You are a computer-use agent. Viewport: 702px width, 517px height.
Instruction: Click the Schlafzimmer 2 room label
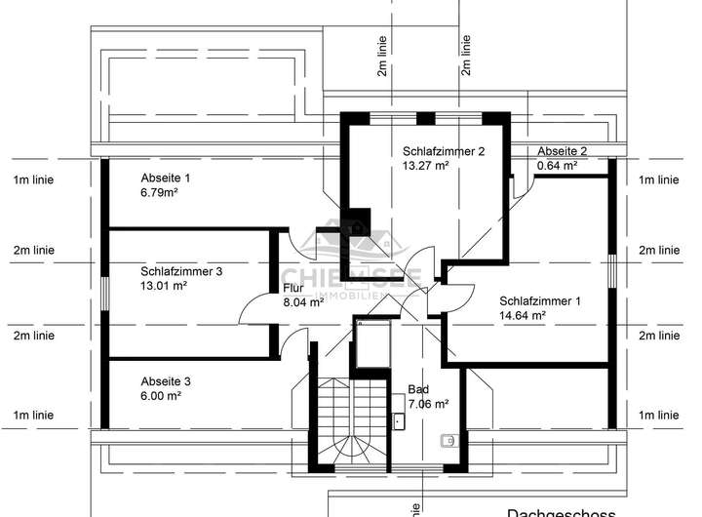[444, 151]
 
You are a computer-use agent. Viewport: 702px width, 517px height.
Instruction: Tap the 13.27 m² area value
[425, 166]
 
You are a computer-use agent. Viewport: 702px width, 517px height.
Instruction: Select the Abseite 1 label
[166, 178]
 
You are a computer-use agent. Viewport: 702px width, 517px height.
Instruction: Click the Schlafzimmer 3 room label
[181, 271]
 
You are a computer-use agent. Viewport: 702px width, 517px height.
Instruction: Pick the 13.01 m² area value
[163, 286]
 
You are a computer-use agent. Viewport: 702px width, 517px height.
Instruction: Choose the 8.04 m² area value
[303, 302]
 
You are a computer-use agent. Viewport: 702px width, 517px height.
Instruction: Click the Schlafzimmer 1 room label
[540, 300]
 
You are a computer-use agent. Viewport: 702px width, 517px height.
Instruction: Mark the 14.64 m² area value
[523, 315]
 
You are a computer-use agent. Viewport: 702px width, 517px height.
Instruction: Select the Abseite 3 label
[166, 380]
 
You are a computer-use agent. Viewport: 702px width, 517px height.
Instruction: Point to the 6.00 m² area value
[161, 396]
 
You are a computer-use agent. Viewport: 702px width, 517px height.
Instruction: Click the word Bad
[417, 389]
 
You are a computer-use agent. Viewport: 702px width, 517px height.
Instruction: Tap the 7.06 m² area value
[428, 404]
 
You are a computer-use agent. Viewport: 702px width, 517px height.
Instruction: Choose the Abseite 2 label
[563, 151]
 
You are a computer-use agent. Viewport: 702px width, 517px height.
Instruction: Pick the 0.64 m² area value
[558, 166]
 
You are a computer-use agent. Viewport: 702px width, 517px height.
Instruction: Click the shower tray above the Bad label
[373, 344]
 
